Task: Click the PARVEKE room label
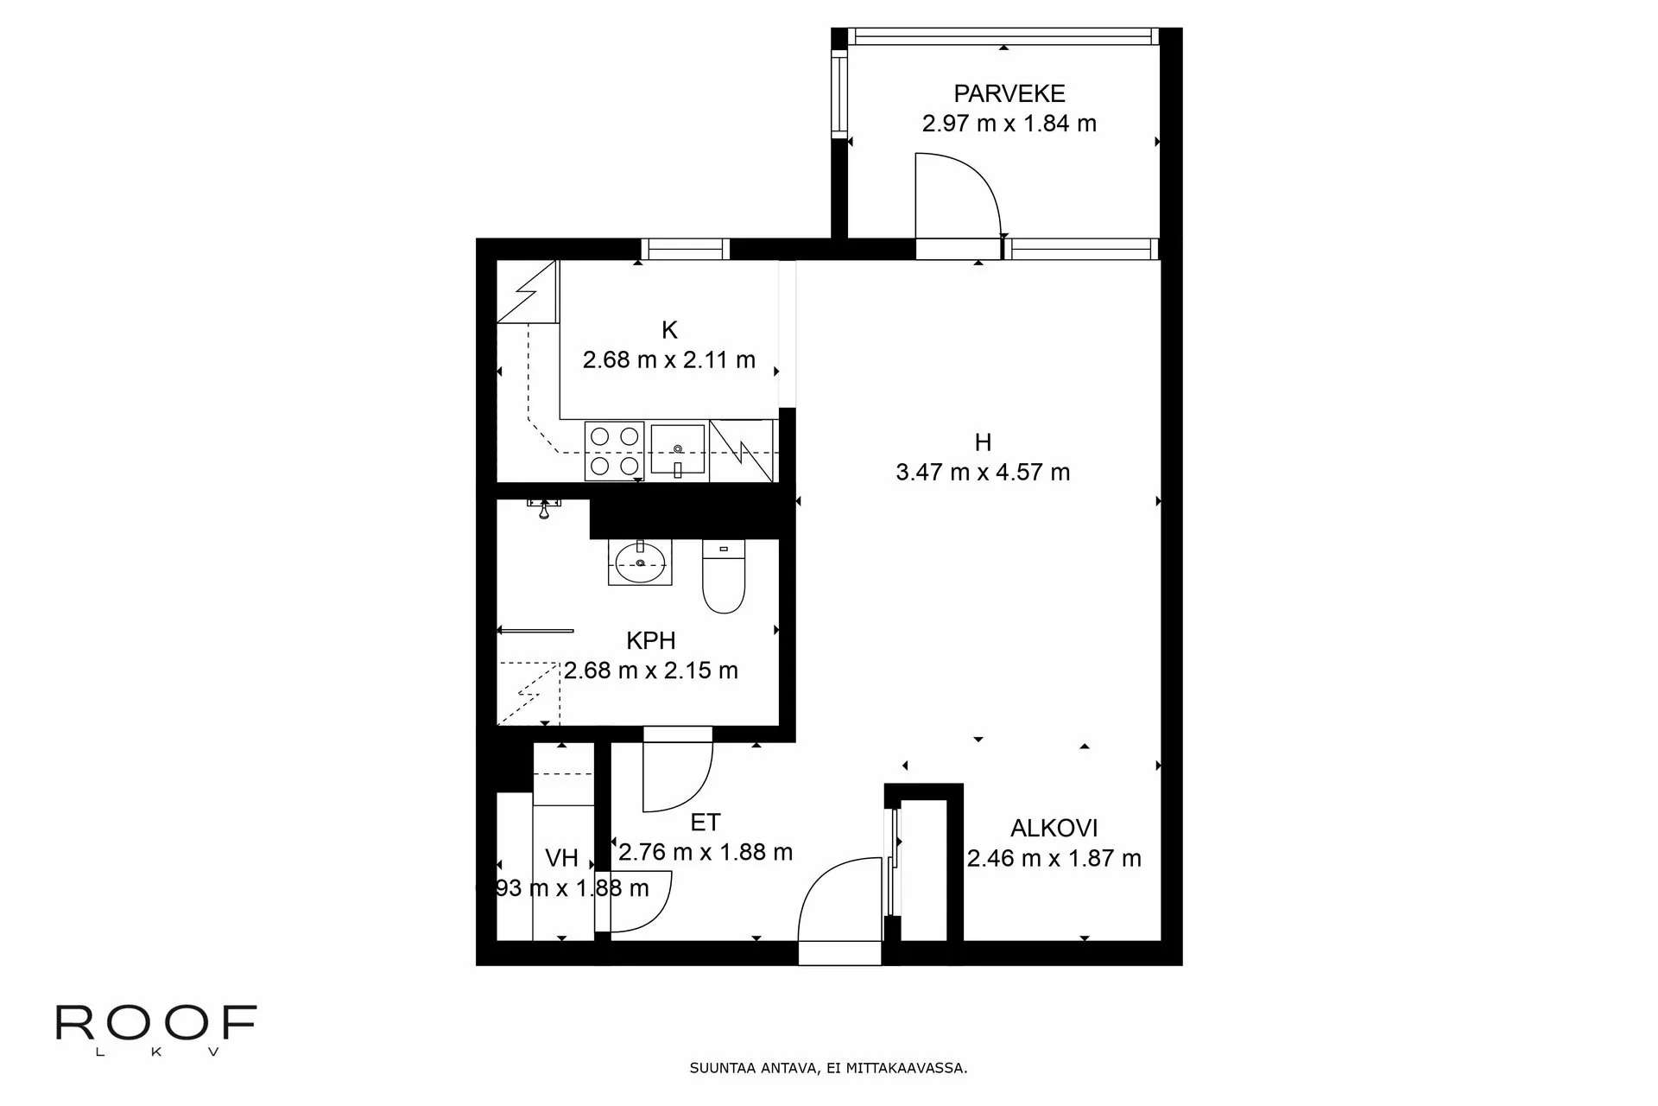tap(1009, 93)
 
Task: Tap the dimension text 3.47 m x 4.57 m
tap(983, 473)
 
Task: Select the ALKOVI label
tap(1054, 829)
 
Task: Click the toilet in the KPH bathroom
tap(724, 576)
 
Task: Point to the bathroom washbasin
tap(640, 563)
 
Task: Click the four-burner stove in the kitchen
tap(614, 451)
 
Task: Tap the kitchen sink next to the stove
tap(679, 451)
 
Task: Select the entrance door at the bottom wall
tap(838, 912)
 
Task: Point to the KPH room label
tap(650, 641)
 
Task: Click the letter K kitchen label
tap(669, 330)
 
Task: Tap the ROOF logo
tap(156, 1025)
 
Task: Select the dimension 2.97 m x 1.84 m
tap(1009, 124)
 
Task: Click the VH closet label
tap(561, 858)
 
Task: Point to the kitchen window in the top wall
tap(685, 249)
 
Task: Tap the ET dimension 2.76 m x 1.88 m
tap(706, 853)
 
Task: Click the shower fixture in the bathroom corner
tap(544, 509)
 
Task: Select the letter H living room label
tap(983, 442)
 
